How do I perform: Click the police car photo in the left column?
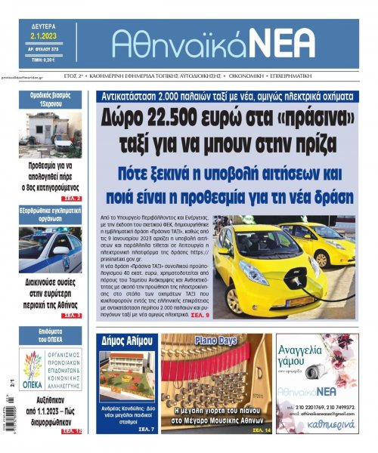tap(51, 251)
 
